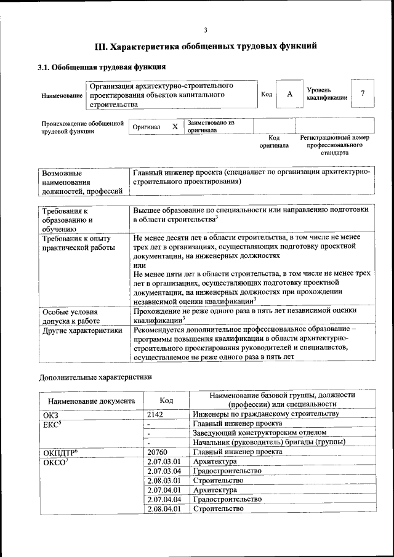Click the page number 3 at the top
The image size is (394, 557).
[x=205, y=30]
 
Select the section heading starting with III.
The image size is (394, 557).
[x=206, y=46]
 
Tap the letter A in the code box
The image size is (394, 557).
[x=289, y=94]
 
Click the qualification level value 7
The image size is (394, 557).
[x=363, y=94]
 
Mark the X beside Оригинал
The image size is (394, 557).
[x=175, y=126]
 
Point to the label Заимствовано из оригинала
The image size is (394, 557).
[x=211, y=126]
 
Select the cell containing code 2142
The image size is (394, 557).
[x=155, y=414]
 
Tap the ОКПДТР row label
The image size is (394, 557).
[x=60, y=452]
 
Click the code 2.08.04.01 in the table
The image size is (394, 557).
[x=164, y=508]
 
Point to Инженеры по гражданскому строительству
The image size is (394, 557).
[x=266, y=414]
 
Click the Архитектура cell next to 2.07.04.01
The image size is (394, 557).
[x=215, y=490]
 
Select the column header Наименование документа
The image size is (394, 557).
[x=87, y=401]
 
